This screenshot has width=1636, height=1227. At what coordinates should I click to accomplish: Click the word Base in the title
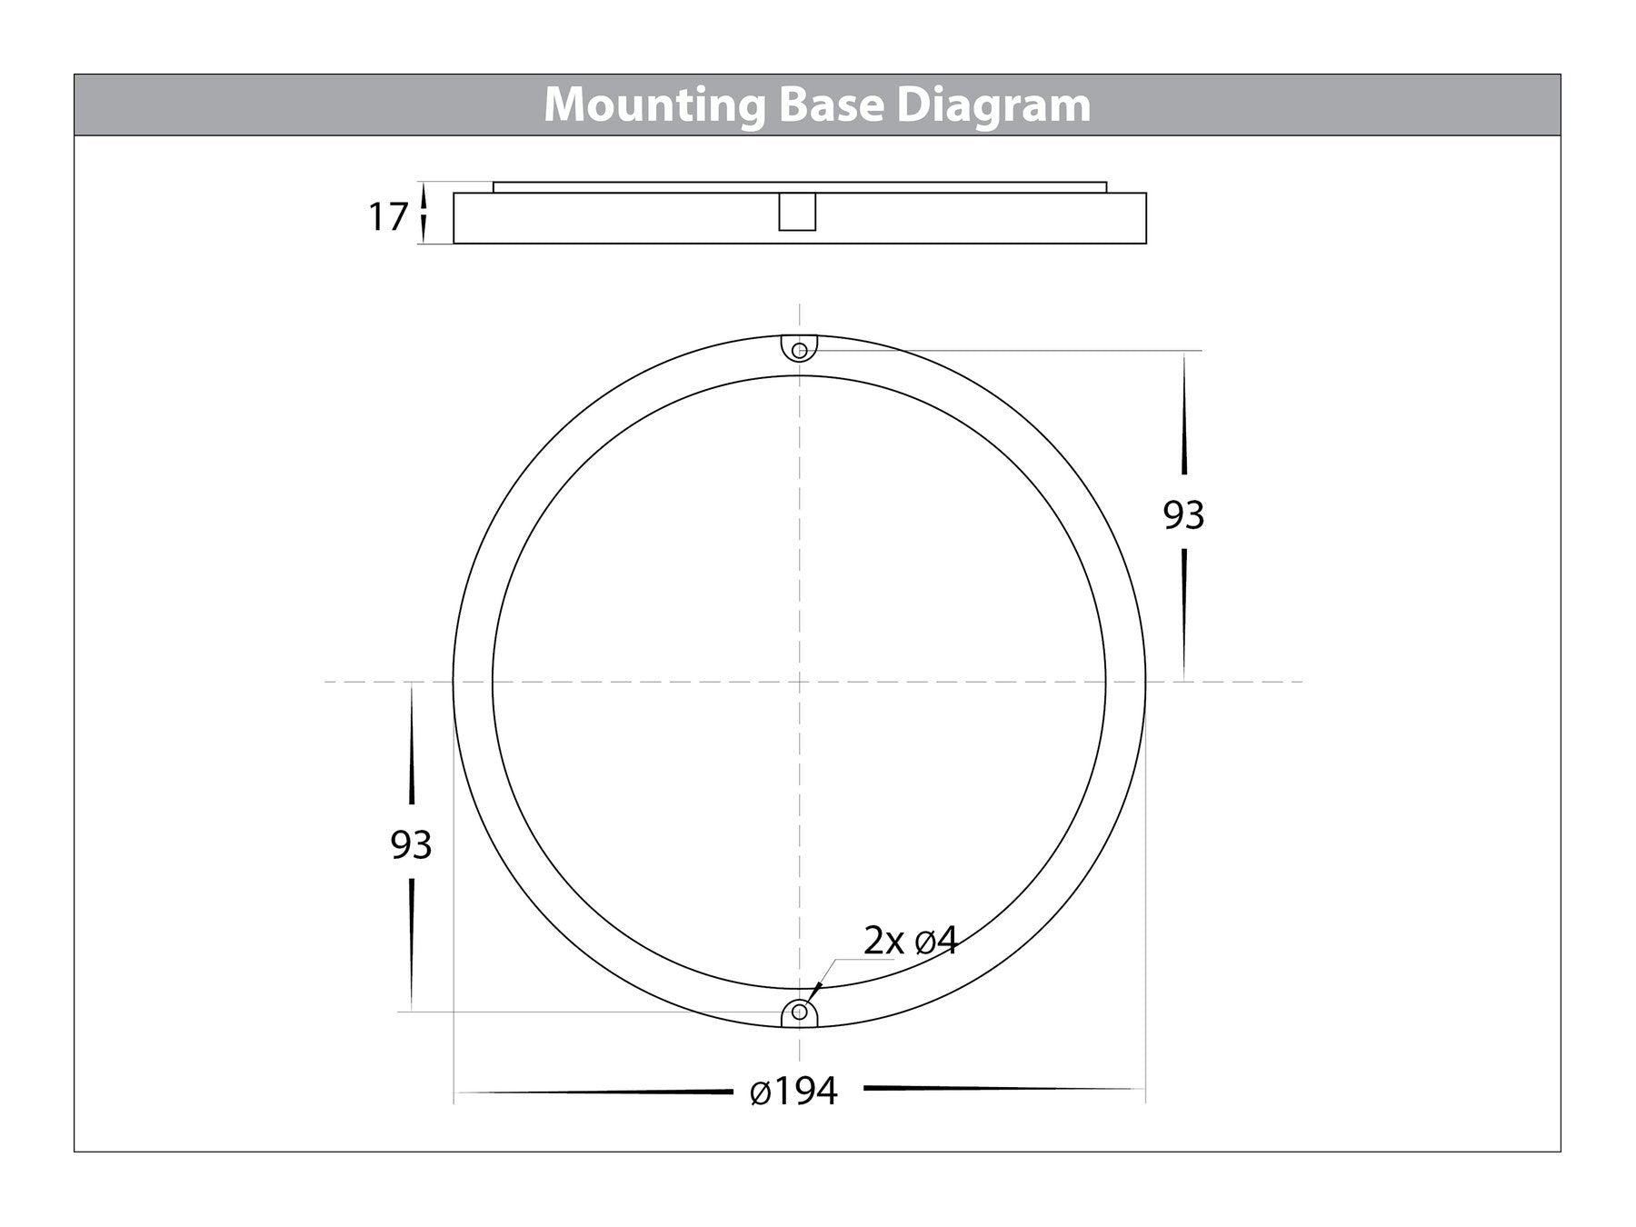[x=830, y=105]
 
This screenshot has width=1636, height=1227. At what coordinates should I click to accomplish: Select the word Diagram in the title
[x=993, y=106]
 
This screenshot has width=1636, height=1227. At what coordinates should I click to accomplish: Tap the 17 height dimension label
[x=387, y=217]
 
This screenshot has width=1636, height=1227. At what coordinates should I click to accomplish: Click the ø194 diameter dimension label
[x=793, y=1091]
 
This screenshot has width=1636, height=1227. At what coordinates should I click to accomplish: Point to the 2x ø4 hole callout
[x=910, y=942]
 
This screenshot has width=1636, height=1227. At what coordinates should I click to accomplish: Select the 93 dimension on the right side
[x=1183, y=515]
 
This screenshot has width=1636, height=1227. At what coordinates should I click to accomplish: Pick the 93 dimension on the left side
[x=411, y=845]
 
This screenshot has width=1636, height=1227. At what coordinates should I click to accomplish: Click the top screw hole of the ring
[x=799, y=350]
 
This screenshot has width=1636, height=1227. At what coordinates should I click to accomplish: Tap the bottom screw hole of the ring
[x=799, y=1011]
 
